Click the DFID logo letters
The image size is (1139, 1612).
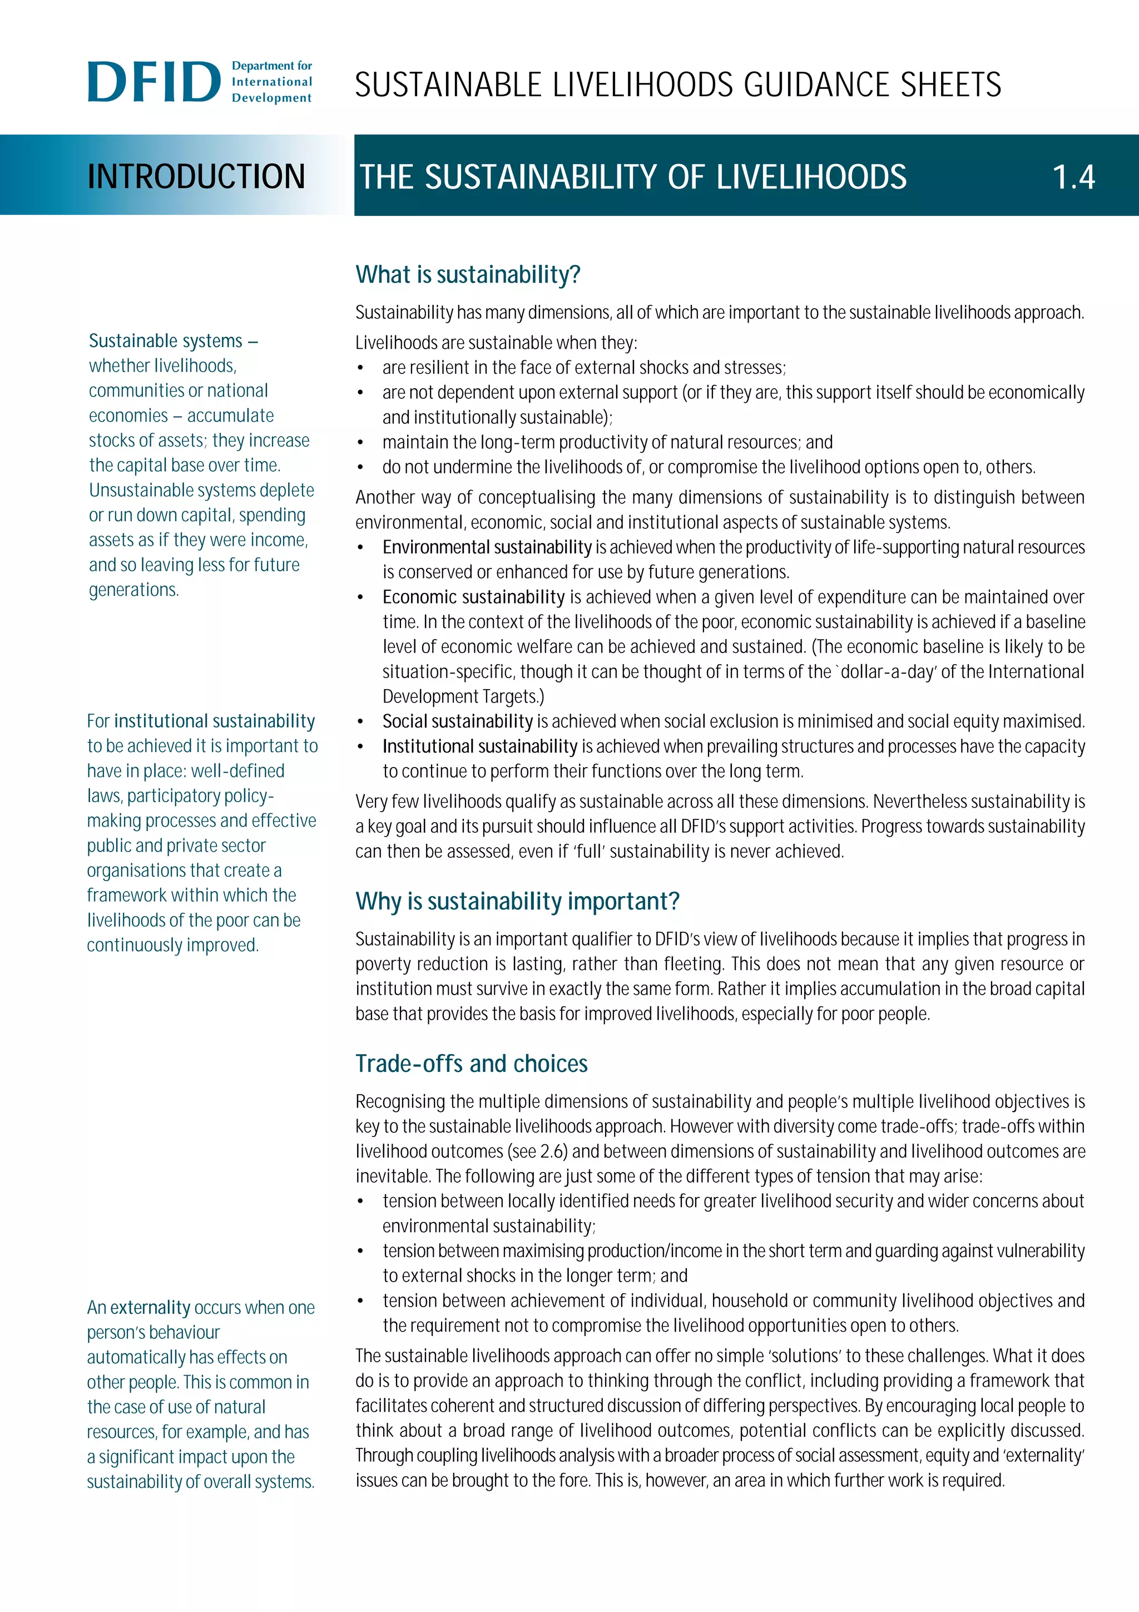pos(153,82)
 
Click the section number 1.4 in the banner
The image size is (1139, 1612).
pos(1073,177)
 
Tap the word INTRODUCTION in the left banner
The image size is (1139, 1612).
pos(196,176)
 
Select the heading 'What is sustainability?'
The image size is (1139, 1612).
pos(467,275)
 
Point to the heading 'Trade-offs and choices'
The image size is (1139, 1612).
pos(471,1064)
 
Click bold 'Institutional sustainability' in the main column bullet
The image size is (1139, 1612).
pos(479,746)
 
